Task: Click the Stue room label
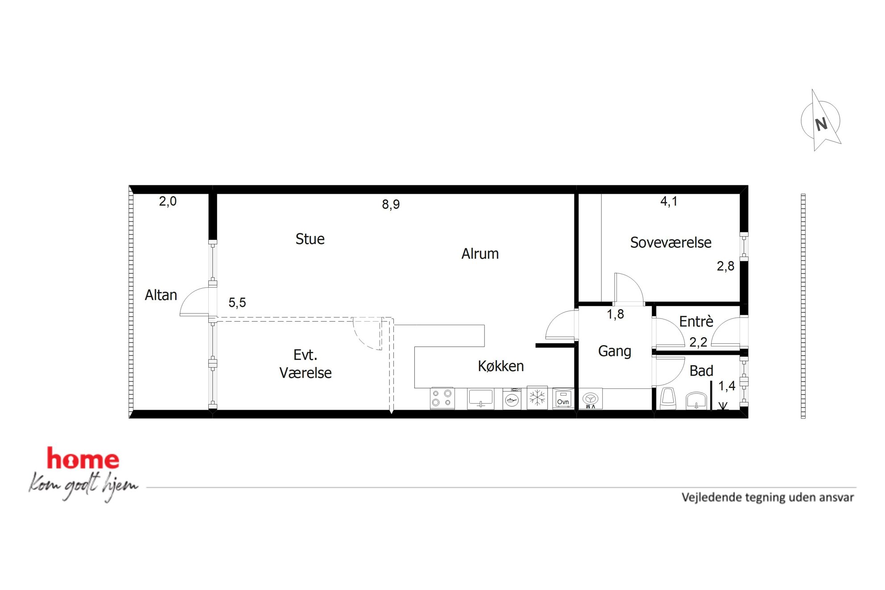[310, 239]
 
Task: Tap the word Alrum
[480, 254]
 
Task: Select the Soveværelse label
[670, 243]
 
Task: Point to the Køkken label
[500, 366]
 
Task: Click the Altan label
[161, 295]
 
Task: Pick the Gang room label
[614, 351]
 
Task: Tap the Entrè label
[696, 321]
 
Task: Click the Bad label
[701, 371]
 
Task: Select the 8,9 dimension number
[391, 205]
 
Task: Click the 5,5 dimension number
[237, 303]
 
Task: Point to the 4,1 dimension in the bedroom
[669, 202]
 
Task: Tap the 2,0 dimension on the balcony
[168, 202]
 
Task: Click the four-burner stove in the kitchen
[442, 398]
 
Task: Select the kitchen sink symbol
[480, 398]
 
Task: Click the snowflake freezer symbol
[537, 397]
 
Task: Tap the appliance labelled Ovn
[563, 398]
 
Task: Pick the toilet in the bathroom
[668, 398]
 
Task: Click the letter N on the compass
[821, 124]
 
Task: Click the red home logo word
[83, 458]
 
